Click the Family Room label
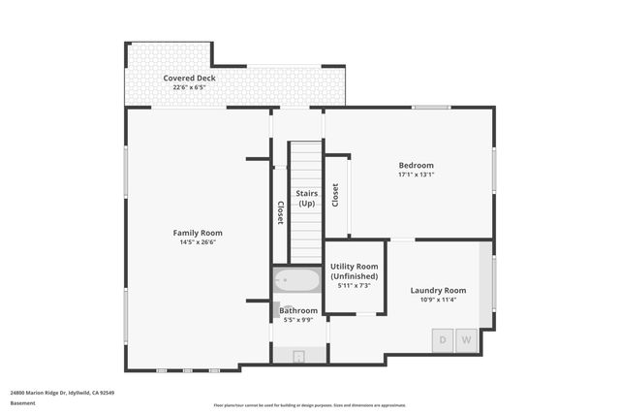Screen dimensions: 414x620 (198, 233)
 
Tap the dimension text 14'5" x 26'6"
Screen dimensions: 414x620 (198, 242)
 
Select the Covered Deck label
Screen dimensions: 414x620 (189, 78)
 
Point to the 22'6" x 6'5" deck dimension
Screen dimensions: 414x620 (189, 87)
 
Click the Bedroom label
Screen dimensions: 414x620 (416, 165)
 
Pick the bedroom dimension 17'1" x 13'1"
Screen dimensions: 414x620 (416, 175)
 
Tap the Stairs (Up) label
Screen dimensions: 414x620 (307, 199)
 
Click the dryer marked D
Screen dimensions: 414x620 (443, 340)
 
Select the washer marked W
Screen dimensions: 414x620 (466, 340)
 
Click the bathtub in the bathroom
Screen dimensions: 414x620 (297, 281)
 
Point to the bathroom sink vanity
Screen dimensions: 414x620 (278, 310)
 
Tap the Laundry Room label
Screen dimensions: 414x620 (438, 290)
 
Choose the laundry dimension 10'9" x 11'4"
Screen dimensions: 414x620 (438, 301)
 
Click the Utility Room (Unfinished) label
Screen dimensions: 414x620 (354, 271)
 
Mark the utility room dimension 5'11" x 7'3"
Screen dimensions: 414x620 (354, 286)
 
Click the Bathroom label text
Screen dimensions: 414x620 (298, 310)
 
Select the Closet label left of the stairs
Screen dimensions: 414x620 (281, 213)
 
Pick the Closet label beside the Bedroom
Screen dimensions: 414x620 (335, 195)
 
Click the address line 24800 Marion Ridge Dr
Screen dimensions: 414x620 (62, 393)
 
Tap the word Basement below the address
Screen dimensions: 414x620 (21, 403)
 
